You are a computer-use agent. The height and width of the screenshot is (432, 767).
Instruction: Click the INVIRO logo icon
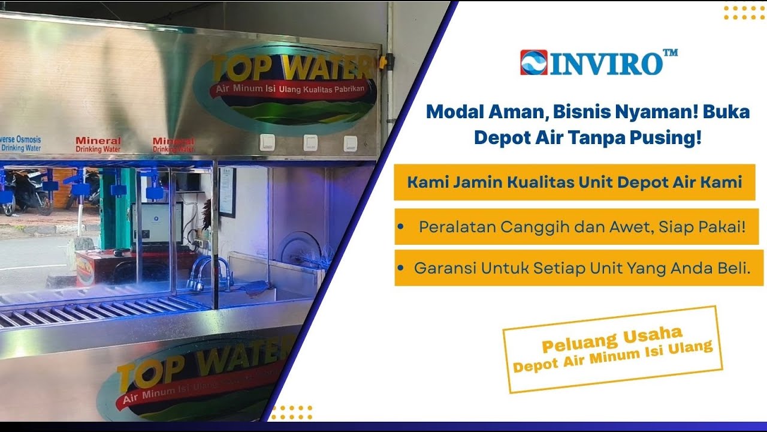click(533, 62)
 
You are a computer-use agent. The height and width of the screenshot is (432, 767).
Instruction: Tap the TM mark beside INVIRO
click(671, 53)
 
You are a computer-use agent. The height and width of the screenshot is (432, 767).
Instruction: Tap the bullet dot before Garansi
click(400, 268)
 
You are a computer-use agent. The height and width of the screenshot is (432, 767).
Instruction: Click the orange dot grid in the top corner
click(743, 13)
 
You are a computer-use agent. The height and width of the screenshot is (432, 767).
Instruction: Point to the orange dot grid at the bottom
click(292, 412)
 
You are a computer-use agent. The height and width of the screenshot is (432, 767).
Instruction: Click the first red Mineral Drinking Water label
click(98, 145)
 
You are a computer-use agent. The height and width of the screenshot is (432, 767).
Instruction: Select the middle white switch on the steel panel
click(310, 142)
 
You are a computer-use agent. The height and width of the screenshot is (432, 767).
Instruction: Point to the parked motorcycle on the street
click(27, 192)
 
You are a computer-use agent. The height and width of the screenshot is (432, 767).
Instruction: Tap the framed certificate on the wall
click(227, 192)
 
